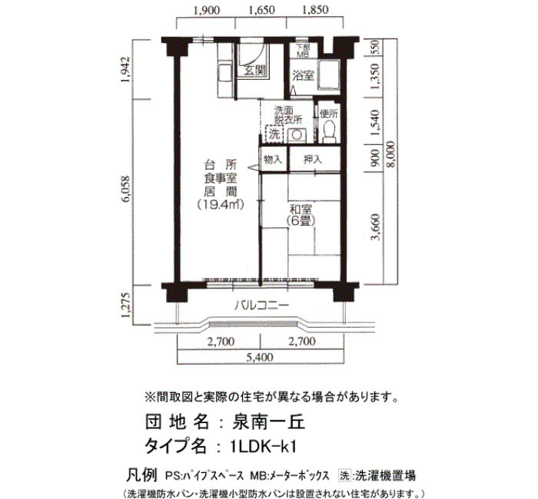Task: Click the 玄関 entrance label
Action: point(255,71)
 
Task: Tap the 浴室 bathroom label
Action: point(303,75)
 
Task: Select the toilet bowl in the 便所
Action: point(329,132)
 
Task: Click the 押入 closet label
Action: point(313,159)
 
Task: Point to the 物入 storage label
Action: point(272,159)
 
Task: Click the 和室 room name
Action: point(301,210)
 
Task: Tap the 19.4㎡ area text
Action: point(220,205)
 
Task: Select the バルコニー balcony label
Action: point(261,305)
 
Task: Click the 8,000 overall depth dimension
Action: point(390,154)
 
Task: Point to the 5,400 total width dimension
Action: point(260,358)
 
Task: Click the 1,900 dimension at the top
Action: point(207,10)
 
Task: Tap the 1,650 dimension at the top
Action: point(261,10)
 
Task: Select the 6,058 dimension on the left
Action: point(126,189)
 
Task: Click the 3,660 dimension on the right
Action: point(375,227)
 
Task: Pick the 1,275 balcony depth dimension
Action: point(126,305)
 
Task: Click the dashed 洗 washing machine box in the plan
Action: point(274,134)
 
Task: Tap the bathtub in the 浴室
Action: point(329,75)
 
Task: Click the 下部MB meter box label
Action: point(303,51)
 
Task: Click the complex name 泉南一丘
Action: point(269,422)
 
